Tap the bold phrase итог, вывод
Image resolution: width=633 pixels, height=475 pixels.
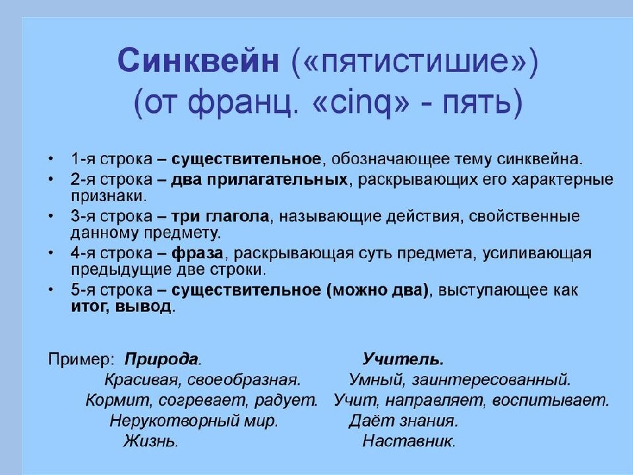(123, 307)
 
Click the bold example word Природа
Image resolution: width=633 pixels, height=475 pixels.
(163, 360)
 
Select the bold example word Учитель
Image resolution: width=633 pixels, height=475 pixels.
(403, 360)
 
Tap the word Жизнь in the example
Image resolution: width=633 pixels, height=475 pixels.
(151, 441)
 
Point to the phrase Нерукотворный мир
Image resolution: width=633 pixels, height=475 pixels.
(195, 420)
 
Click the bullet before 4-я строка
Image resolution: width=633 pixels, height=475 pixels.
(52, 254)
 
